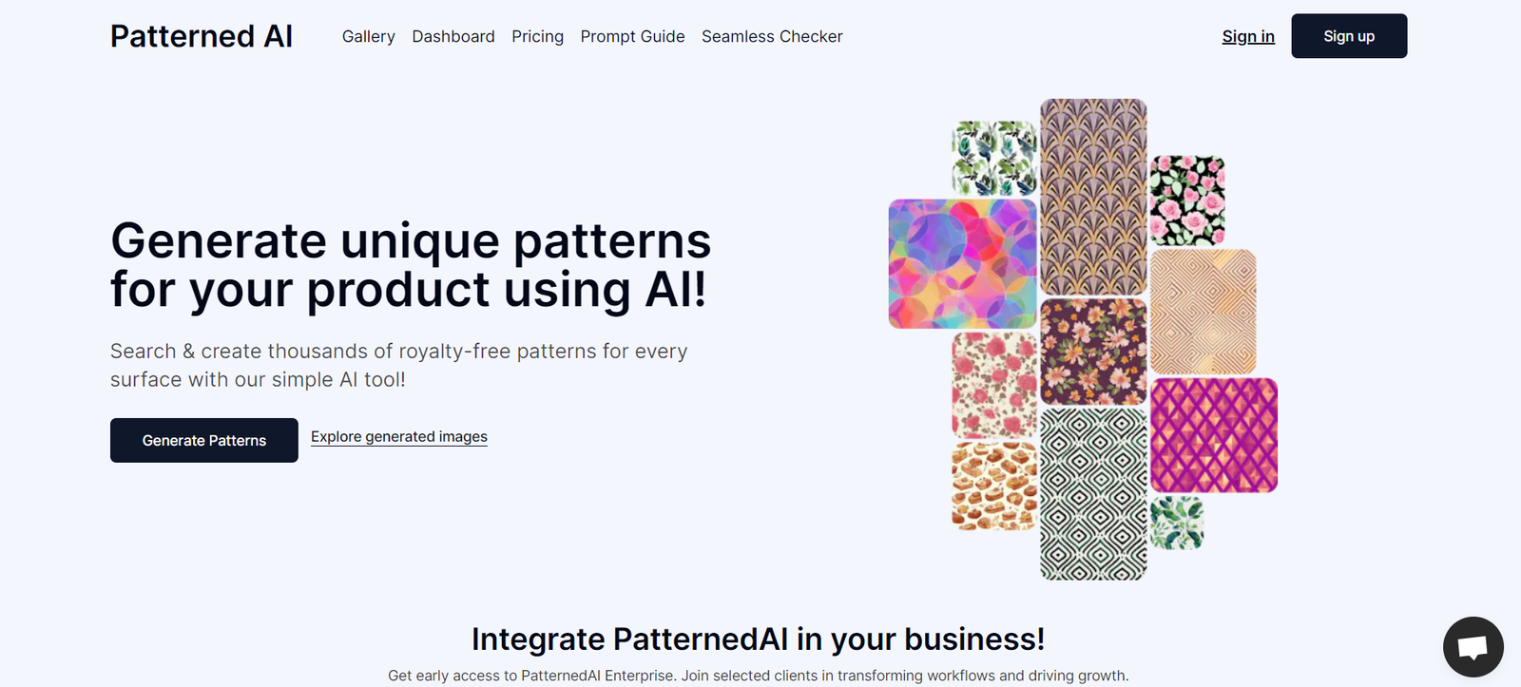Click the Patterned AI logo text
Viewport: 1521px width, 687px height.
coord(201,36)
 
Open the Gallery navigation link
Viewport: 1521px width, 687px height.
coord(369,36)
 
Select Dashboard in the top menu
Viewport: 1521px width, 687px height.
coord(453,36)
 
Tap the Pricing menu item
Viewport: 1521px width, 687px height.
coord(538,36)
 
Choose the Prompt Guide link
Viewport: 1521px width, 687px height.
coord(633,36)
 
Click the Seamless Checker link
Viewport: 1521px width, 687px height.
coord(772,36)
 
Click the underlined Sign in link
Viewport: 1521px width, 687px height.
coord(1248,36)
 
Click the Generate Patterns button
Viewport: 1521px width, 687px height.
coord(203,440)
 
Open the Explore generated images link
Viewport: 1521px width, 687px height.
coord(399,436)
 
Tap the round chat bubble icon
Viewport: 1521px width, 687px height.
coord(1473,646)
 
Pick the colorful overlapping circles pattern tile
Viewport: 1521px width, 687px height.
coord(962,264)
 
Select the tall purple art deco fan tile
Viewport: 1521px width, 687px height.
coord(1093,197)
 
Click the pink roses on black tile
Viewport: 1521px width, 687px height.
coord(1187,200)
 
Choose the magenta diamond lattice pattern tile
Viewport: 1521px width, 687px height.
coord(1214,435)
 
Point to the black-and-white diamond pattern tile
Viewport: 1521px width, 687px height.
coord(1093,494)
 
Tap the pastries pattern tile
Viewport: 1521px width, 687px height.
coord(994,487)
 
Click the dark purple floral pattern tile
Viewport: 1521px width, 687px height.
coord(1093,352)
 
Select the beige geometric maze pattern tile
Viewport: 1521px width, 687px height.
coord(1203,312)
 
